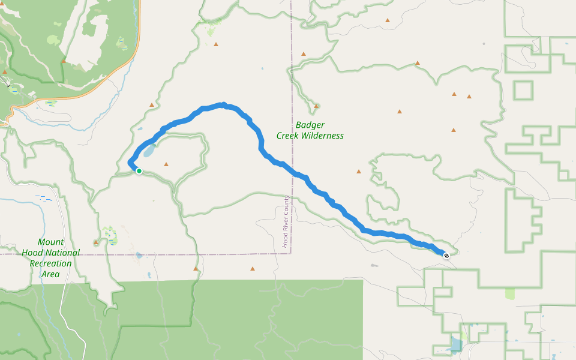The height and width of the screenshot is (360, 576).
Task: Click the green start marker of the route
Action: click(139, 171)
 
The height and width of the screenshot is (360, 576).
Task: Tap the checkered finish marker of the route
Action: click(446, 256)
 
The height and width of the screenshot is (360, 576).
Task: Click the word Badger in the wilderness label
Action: click(310, 125)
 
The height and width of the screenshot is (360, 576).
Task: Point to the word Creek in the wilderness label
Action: click(288, 136)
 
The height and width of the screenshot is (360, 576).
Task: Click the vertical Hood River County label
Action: click(287, 222)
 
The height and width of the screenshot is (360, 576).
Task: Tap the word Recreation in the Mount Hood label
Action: click(50, 263)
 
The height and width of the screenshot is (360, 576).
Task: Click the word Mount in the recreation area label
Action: click(50, 242)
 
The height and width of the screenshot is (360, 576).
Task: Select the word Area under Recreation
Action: click(50, 274)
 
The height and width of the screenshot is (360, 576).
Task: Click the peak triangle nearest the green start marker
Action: click(166, 164)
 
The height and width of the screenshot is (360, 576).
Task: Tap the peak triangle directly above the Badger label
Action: click(316, 106)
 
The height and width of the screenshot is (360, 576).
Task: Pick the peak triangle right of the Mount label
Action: click(96, 242)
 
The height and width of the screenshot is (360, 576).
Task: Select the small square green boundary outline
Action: click(523, 90)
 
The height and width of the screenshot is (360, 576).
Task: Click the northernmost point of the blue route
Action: click(223, 104)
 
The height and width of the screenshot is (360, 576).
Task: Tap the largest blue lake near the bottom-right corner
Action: click(455, 344)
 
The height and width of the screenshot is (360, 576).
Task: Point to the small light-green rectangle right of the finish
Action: click(510, 293)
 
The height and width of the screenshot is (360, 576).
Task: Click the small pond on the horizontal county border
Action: click(139, 255)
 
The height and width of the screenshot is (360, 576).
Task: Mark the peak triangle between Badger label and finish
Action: click(359, 172)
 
